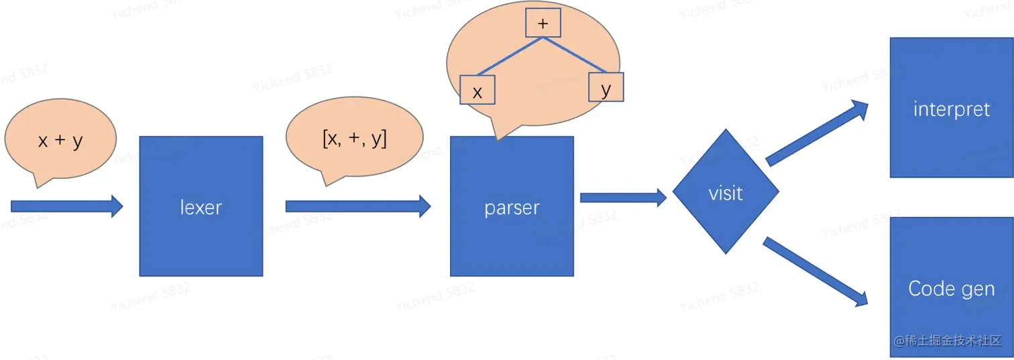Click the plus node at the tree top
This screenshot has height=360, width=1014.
coord(543,23)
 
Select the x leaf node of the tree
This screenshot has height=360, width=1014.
coord(477,91)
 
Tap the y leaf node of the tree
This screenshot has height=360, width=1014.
coord(606,87)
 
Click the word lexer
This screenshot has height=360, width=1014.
coord(201,208)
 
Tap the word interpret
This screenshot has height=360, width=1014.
coord(951,109)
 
